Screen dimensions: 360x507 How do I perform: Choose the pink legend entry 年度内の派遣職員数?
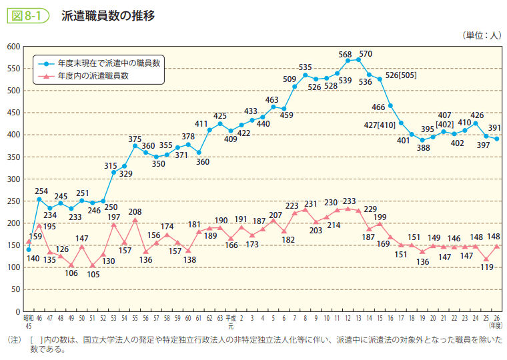coord(93,76)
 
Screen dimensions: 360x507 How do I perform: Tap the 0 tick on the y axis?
coord(18,312)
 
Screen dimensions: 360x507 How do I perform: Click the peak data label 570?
coord(366,54)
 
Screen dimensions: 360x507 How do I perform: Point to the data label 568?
coord(345,55)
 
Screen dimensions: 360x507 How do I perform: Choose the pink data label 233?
coord(350,201)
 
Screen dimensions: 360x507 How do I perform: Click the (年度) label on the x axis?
coord(496,325)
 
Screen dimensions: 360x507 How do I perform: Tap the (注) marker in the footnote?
coord(13,340)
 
